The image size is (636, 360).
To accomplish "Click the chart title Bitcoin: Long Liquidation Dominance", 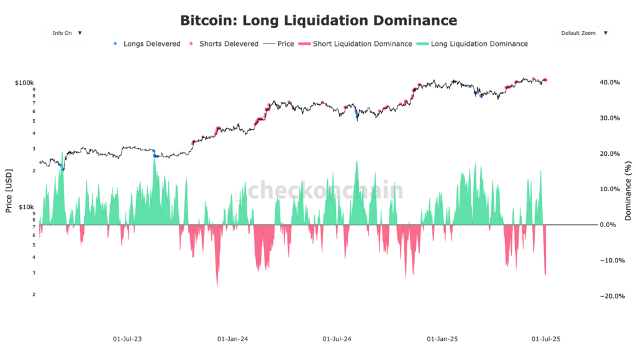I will (x=318, y=20).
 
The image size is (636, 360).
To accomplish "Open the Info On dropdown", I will (x=66, y=33).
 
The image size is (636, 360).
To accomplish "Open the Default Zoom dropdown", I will (x=583, y=33).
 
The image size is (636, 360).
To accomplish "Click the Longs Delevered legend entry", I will (x=147, y=44).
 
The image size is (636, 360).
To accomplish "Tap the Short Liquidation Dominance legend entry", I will (x=356, y=44).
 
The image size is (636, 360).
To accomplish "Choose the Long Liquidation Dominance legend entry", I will (x=473, y=44).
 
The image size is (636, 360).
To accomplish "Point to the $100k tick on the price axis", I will (x=25, y=83).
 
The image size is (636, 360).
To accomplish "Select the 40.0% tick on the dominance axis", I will (x=609, y=83).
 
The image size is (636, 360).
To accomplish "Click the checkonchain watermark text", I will (x=326, y=190).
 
